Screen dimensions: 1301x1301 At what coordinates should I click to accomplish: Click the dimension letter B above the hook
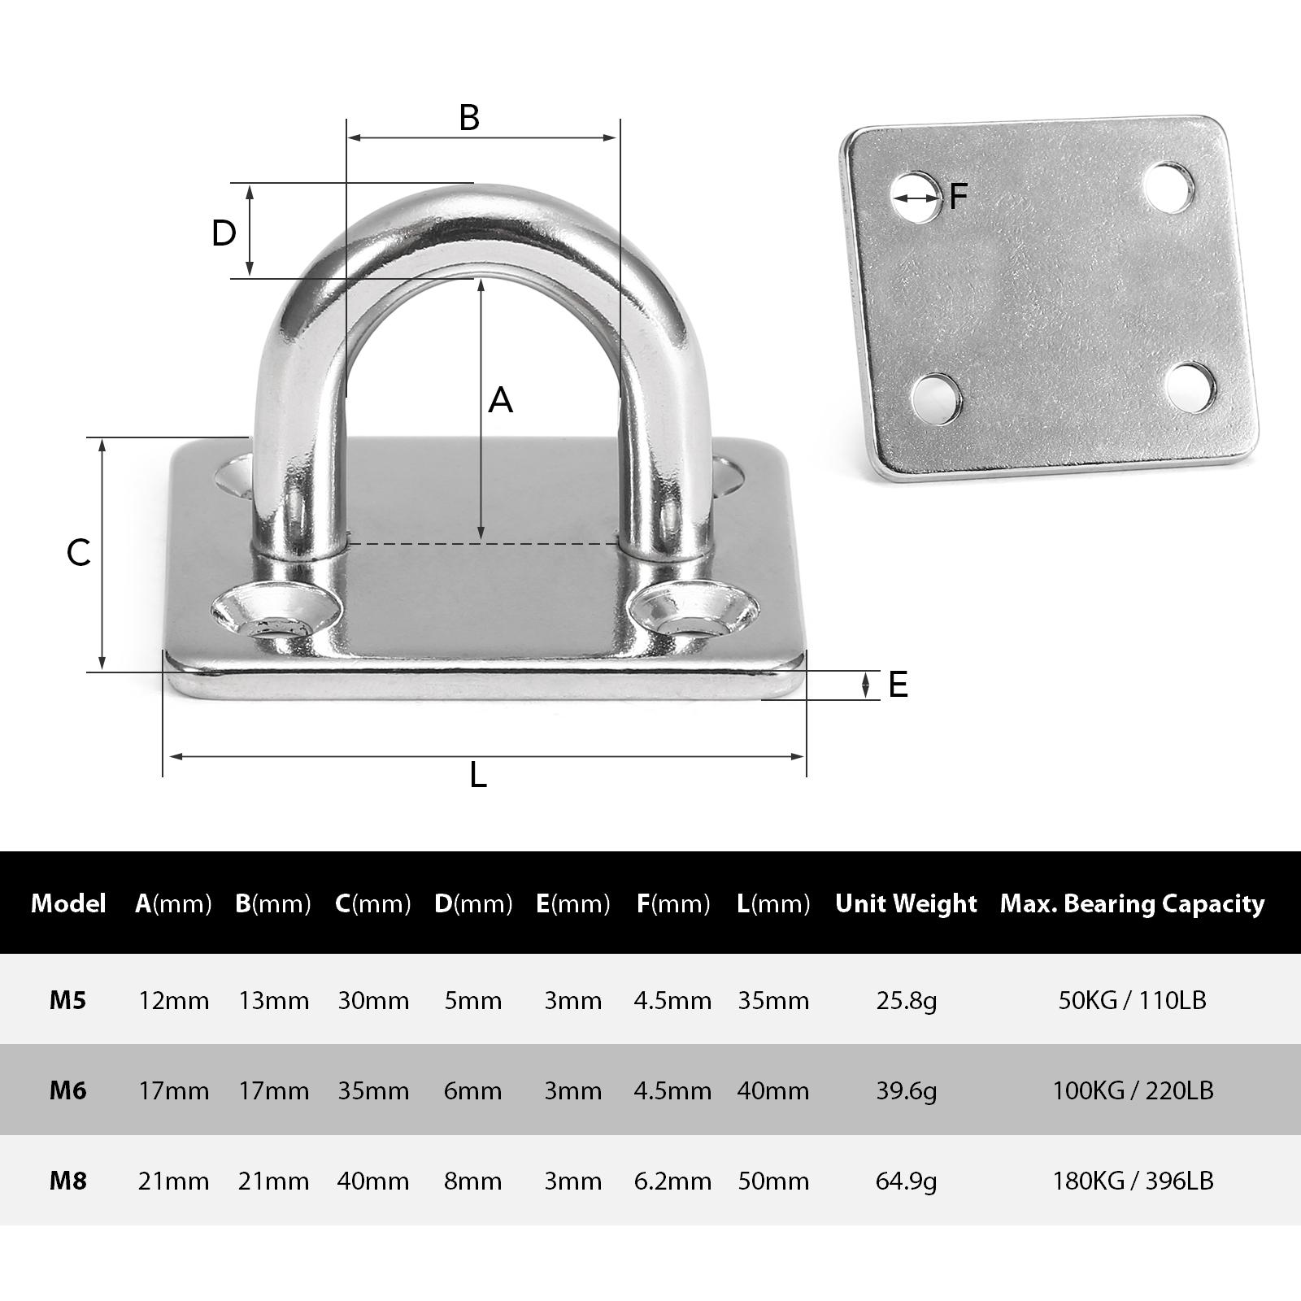(x=469, y=118)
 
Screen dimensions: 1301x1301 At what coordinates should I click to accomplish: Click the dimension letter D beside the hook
(x=224, y=233)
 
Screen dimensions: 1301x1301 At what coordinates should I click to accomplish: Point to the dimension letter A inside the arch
(x=501, y=400)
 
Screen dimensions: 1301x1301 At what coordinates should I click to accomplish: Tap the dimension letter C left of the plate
(x=79, y=554)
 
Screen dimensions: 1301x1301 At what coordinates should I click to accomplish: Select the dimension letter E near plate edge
(x=898, y=685)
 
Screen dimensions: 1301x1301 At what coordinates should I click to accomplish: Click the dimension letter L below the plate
(x=478, y=776)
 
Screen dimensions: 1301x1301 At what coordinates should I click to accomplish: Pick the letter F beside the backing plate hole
(x=959, y=196)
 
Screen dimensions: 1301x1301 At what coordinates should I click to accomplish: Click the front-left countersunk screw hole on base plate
(x=275, y=616)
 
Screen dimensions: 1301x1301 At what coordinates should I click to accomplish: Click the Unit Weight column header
(x=906, y=903)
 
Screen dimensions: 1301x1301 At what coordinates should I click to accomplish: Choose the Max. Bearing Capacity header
(x=1132, y=903)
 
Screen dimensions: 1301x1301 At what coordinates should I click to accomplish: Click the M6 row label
(x=67, y=1090)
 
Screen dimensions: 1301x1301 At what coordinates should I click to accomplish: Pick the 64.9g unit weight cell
(x=906, y=1180)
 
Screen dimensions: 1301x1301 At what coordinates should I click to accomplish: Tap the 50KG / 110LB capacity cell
(x=1132, y=1000)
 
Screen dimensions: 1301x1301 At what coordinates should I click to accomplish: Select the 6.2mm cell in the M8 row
(x=672, y=1180)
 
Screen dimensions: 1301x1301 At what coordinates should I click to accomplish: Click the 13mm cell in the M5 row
(x=273, y=1000)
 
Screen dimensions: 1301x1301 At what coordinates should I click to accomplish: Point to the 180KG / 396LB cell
(x=1132, y=1180)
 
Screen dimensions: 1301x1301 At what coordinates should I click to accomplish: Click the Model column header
(x=68, y=903)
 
